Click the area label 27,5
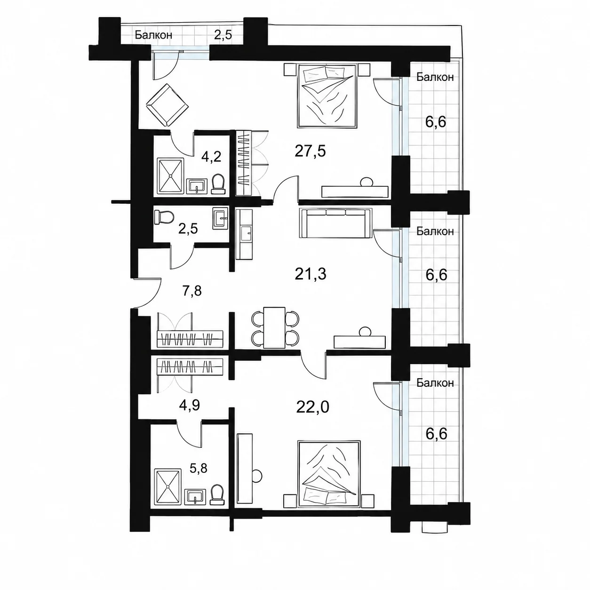pos(310,151)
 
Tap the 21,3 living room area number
pos(311,274)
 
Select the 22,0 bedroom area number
pos(312,407)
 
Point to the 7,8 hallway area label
pos(192,290)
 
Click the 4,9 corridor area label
pos(190,405)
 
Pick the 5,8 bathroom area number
pos(198,468)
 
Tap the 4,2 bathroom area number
pos(211,157)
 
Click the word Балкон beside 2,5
pos(153,35)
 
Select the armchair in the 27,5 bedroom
pos(167,105)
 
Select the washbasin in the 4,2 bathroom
pos(196,186)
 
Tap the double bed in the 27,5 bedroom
pos(327,95)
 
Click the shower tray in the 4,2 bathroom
pos(170,176)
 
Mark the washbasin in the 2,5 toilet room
pos(221,218)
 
